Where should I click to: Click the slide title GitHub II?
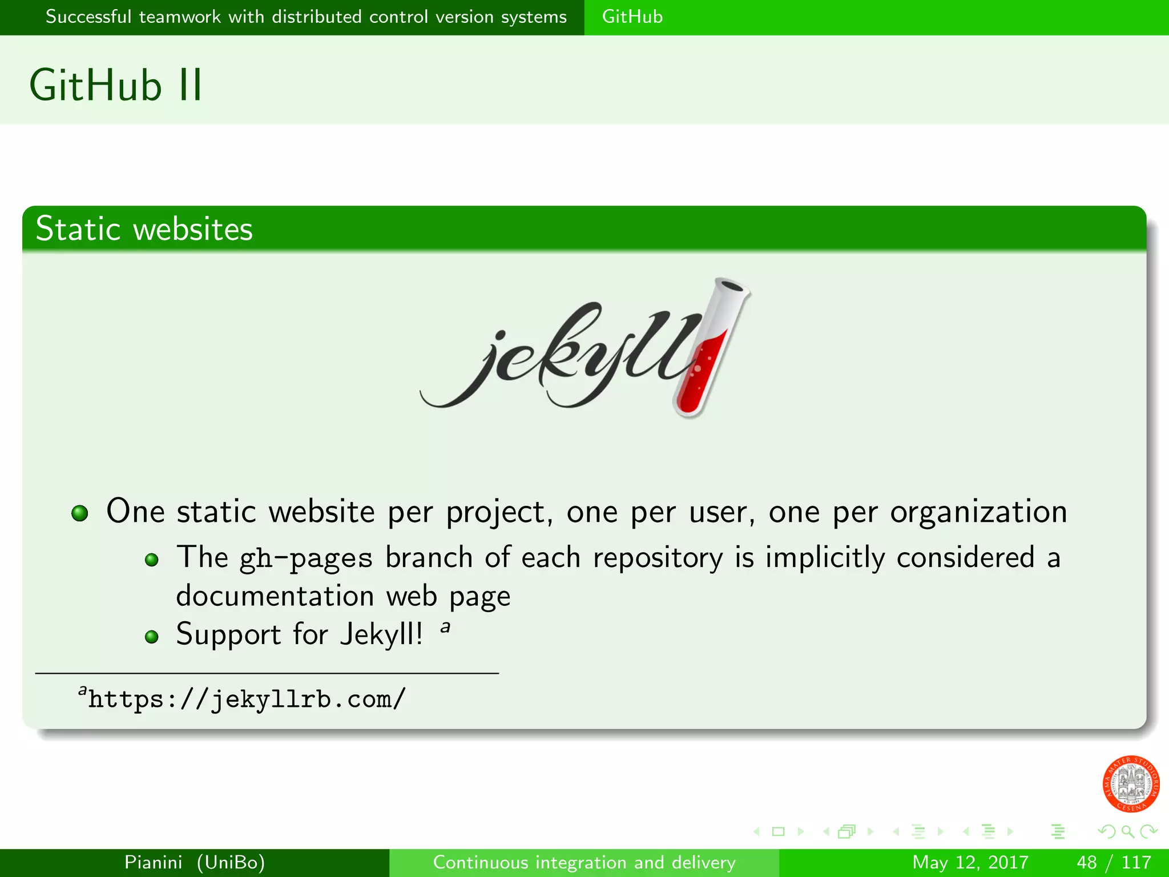[x=116, y=86]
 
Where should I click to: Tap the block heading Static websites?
[x=144, y=229]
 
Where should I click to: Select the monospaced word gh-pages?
[x=305, y=558]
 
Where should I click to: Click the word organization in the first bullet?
[x=978, y=512]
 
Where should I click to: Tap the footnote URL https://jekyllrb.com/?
[x=247, y=699]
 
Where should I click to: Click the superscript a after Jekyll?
[x=445, y=627]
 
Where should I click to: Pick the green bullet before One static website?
[x=80, y=513]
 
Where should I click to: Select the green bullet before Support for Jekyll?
[x=151, y=637]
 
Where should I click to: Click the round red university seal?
[x=1130, y=784]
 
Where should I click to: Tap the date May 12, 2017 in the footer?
[x=970, y=862]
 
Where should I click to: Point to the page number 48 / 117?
[x=1114, y=862]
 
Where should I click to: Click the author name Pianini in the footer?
[x=154, y=862]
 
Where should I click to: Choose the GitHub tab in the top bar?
[x=632, y=17]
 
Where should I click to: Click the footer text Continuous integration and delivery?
[x=584, y=862]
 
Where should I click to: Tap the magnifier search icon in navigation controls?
[x=1127, y=831]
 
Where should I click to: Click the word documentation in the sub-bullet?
[x=275, y=596]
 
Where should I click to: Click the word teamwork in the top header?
[x=180, y=17]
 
